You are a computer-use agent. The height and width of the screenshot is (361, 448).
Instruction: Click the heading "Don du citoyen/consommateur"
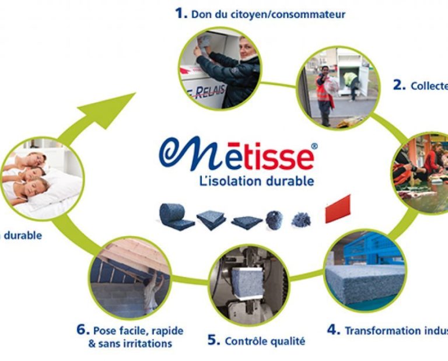tap(268, 13)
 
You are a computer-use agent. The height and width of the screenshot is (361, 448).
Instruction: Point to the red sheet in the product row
tap(338, 209)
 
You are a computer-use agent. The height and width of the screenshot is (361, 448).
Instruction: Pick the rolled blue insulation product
tap(174, 217)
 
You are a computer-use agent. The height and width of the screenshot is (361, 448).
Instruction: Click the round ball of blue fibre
tap(274, 219)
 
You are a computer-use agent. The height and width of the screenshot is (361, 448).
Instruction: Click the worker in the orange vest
tap(323, 94)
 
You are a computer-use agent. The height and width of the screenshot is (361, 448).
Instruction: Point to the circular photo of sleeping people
tap(41, 178)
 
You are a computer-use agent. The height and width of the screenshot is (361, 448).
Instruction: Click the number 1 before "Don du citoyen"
tap(181, 13)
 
